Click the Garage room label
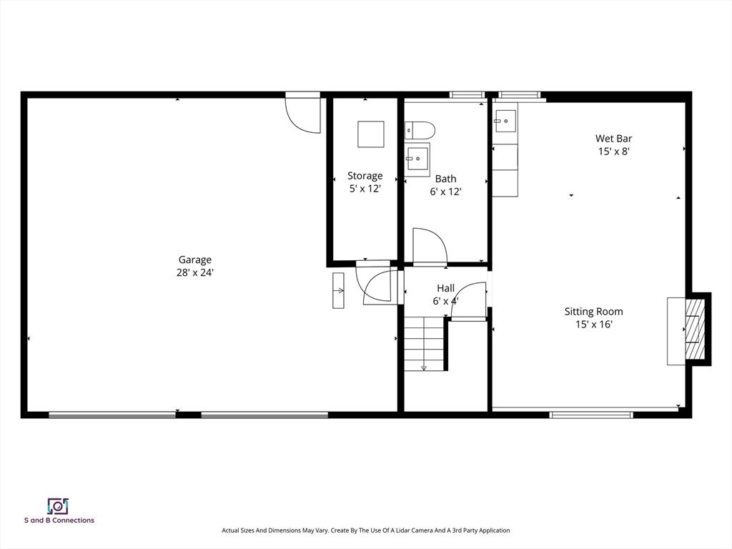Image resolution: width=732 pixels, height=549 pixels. pos(194,259)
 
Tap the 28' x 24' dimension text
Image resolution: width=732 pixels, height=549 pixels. pos(194,272)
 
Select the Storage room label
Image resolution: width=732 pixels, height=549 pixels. pos(365,176)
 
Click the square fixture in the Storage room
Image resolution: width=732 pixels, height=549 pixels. pos(370,134)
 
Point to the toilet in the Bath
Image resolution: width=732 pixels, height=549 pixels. pos(420,130)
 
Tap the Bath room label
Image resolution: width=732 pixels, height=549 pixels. pos(445,179)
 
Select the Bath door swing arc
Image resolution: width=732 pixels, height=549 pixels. pos(430,245)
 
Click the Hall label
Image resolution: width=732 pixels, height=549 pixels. pos(445,288)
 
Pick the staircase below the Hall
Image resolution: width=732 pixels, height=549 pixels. pos(425,344)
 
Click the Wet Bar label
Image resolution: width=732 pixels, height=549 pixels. pos(613,139)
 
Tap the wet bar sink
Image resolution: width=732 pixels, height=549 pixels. pos(505,121)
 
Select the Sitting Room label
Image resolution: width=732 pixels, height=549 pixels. pos(593,312)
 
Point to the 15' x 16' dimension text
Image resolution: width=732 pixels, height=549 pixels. pos(593,325)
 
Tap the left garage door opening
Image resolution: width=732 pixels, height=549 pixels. pos(112,415)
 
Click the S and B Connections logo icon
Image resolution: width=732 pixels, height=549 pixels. pos(58,506)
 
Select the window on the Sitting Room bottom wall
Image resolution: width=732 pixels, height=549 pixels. pos(591,415)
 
